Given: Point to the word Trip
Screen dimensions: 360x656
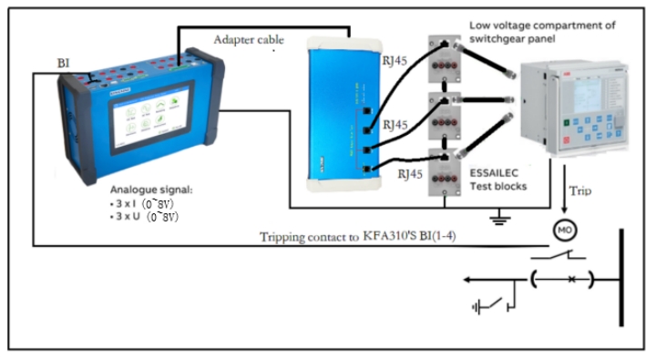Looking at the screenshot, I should [x=580, y=191].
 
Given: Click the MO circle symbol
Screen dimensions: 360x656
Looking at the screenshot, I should [x=566, y=226].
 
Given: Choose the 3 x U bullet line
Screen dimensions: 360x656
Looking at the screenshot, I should [x=149, y=219].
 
